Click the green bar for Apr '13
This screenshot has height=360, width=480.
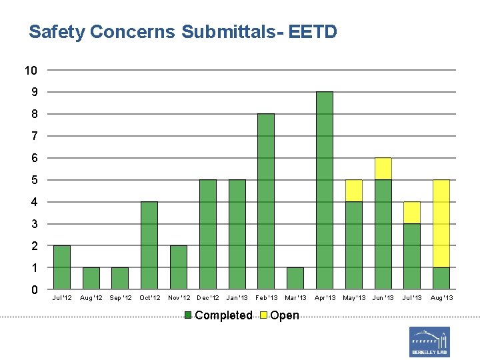(x=324, y=190)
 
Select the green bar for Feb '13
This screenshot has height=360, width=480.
(x=265, y=201)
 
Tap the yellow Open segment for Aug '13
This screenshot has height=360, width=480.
(x=441, y=223)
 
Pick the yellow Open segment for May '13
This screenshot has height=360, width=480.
(x=353, y=191)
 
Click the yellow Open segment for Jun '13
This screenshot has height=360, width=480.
(x=383, y=169)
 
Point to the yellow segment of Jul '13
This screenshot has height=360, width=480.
(x=412, y=213)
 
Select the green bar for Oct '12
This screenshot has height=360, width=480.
(x=149, y=245)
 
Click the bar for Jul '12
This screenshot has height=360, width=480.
(x=61, y=267)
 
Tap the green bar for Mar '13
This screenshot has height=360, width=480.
(x=295, y=278)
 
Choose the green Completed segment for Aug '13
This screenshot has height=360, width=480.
(x=441, y=278)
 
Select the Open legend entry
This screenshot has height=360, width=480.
(x=281, y=315)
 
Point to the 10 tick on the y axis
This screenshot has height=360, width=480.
(x=31, y=70)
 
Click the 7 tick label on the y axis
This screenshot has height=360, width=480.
(x=34, y=136)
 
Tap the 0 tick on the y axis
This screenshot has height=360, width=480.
(x=34, y=290)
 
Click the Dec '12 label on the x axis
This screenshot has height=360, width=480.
(x=208, y=297)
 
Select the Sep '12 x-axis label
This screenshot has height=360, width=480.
(x=120, y=297)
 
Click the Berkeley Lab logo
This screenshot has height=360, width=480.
(x=429, y=342)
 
